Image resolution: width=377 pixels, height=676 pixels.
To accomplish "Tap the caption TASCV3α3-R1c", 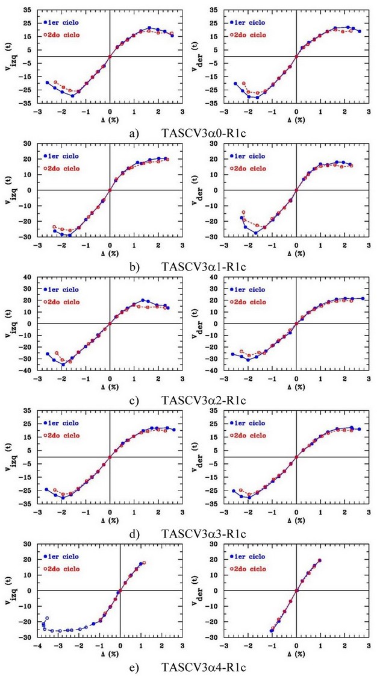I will [x=204, y=534].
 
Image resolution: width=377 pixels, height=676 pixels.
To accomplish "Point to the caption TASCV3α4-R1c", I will [x=204, y=668].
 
